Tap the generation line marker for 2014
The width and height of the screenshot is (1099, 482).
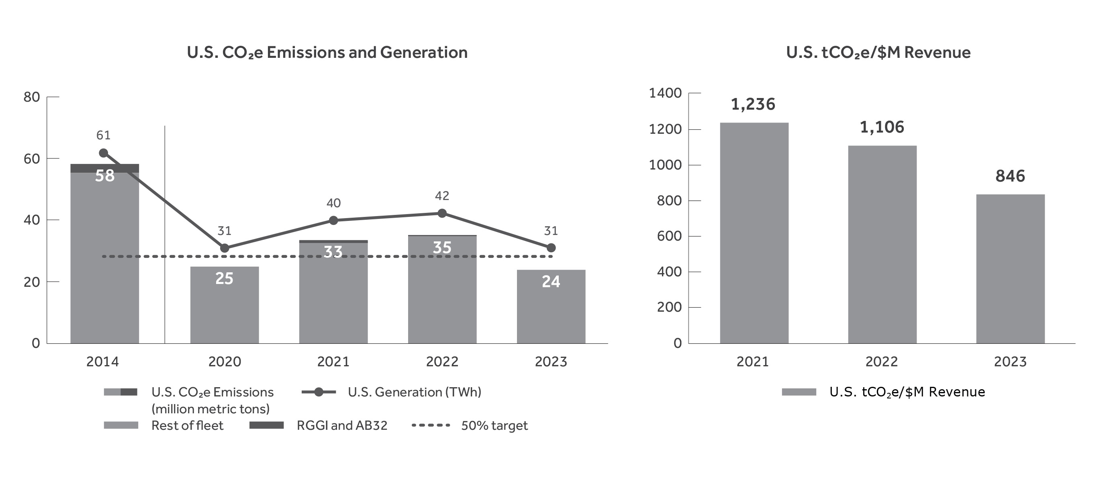[x=103, y=153]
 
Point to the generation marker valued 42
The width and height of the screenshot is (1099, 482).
[x=442, y=213]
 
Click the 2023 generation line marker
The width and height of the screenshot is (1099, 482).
[x=551, y=248]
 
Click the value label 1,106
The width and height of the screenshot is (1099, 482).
[x=882, y=127]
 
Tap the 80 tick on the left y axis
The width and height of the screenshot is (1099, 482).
[x=32, y=97]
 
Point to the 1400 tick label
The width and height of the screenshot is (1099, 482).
[x=665, y=93]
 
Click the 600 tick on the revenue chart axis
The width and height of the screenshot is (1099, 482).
[x=669, y=236]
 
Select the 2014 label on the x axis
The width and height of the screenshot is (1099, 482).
[x=102, y=362]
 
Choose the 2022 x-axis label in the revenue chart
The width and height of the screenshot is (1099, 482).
[x=881, y=362]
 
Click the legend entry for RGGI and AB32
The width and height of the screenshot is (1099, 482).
[x=341, y=425]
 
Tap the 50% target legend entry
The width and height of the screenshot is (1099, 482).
[x=494, y=425]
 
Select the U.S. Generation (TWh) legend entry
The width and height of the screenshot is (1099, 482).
[x=414, y=392]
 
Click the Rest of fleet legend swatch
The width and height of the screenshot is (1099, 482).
[x=121, y=425]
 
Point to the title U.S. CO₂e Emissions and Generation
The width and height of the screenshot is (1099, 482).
[x=327, y=53]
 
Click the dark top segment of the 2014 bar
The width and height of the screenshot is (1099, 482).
[x=104, y=168]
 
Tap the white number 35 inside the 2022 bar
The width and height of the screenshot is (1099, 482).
[x=442, y=247]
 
